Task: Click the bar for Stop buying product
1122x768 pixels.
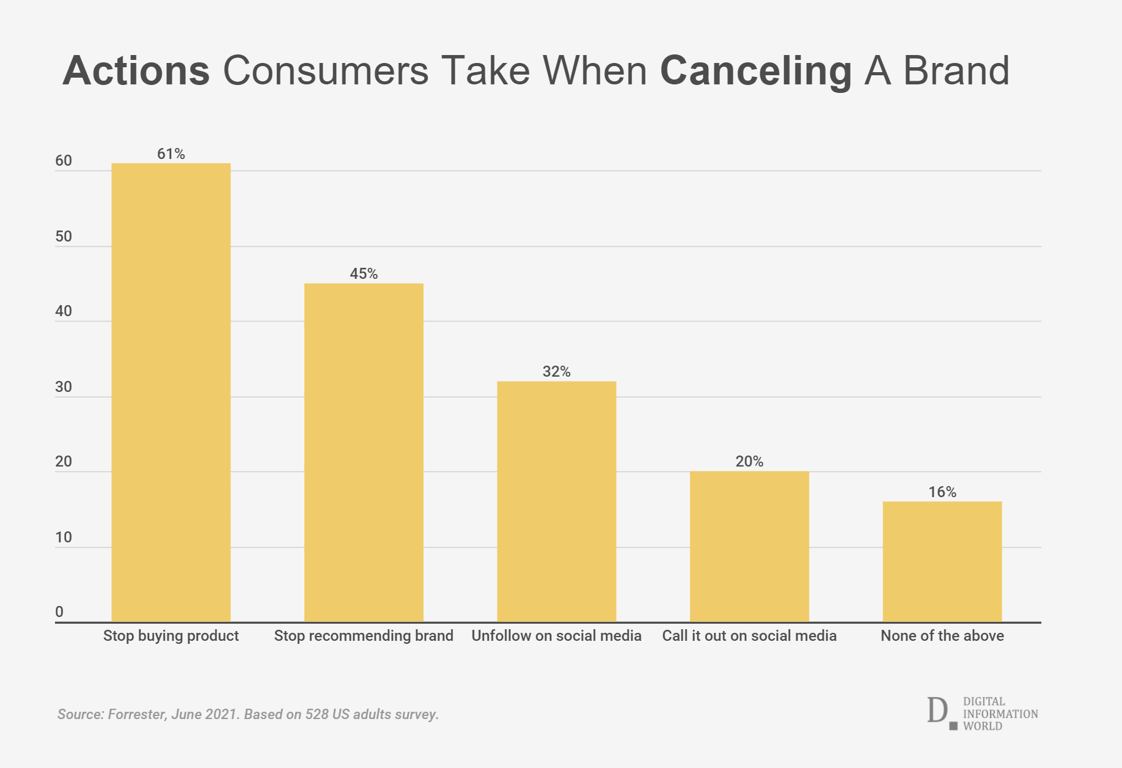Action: [x=171, y=393]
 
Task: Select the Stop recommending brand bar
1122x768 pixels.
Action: [x=364, y=452]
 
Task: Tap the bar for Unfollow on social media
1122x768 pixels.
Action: [x=557, y=501]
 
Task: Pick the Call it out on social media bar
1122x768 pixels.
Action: [x=749, y=547]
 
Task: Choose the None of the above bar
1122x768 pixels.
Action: [x=942, y=561]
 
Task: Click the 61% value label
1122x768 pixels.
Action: [x=171, y=154]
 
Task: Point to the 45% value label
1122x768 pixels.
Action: [x=364, y=274]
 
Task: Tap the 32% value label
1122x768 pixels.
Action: [x=557, y=372]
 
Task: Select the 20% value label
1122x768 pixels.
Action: [x=749, y=462]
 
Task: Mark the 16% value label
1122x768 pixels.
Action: [x=942, y=492]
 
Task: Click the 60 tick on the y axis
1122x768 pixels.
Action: [x=64, y=161]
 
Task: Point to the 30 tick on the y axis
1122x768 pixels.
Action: [x=64, y=387]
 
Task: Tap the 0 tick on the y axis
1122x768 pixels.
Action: [x=59, y=612]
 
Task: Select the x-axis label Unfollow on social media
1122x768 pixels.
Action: [x=557, y=636]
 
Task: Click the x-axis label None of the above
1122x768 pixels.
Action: [x=942, y=636]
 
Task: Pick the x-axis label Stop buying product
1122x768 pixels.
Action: [x=171, y=636]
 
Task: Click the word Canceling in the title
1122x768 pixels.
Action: [x=756, y=71]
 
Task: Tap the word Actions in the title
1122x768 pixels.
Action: [x=136, y=71]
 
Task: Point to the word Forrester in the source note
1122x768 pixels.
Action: [x=136, y=714]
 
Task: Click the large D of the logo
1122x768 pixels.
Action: [x=937, y=710]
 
